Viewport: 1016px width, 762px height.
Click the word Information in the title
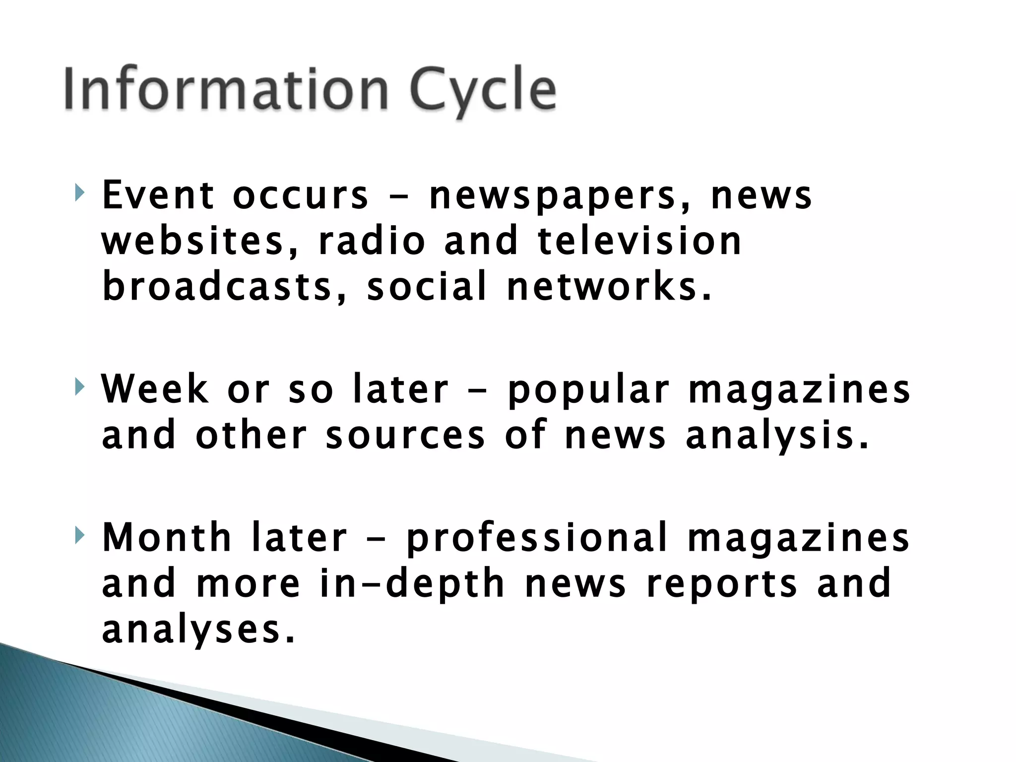(x=226, y=89)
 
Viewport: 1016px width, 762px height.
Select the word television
(x=640, y=241)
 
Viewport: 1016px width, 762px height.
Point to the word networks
(x=609, y=287)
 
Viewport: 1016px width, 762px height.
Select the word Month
(x=167, y=538)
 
